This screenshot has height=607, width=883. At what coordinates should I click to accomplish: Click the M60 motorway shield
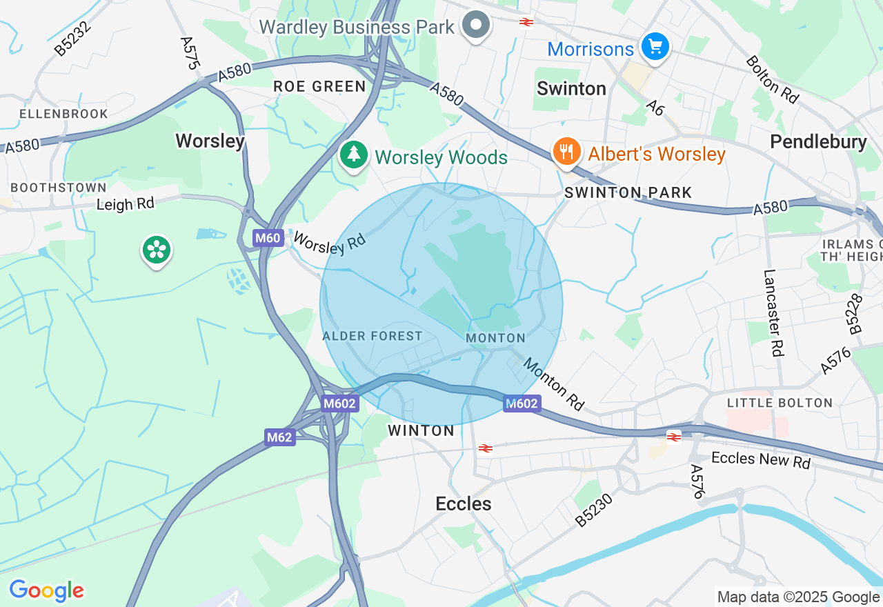coord(268,239)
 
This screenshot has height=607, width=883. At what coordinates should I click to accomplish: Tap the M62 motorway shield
coord(280,437)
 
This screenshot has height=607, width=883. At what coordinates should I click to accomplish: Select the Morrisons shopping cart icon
coord(654,47)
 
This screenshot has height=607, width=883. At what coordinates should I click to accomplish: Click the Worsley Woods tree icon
coord(354,155)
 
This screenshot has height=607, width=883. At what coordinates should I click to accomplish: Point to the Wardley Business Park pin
coord(475,26)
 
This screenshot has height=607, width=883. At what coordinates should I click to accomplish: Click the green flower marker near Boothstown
coord(157,250)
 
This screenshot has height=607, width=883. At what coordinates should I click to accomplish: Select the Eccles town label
coord(464,504)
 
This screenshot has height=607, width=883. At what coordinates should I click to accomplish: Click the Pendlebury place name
coord(818,141)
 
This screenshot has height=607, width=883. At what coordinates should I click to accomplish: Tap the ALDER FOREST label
coord(373,336)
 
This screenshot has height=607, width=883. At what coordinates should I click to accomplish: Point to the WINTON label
coord(421,430)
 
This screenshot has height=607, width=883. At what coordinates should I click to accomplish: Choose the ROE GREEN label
coord(319,86)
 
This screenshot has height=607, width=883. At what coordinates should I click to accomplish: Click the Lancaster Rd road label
coord(773,312)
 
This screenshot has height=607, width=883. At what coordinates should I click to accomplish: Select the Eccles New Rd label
coord(760,460)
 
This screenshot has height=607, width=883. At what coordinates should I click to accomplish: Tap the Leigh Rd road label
coord(126,203)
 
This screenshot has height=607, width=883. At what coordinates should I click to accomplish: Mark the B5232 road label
coord(72,37)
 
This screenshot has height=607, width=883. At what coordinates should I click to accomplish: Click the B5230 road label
coord(594,510)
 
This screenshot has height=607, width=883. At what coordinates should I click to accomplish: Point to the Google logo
coord(46,590)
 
